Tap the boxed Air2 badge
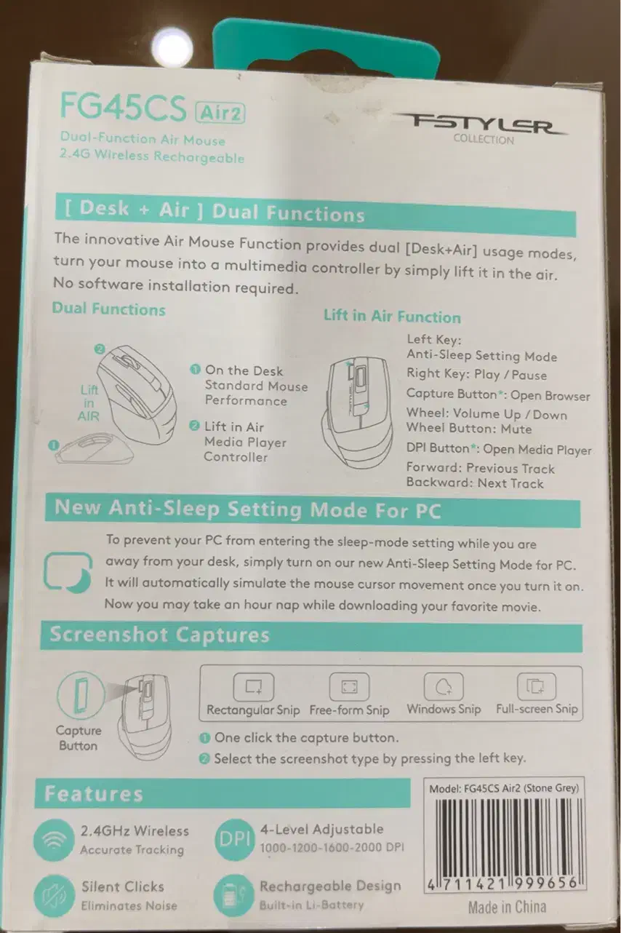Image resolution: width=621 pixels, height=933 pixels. [x=220, y=113]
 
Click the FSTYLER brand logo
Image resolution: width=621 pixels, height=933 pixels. [x=484, y=124]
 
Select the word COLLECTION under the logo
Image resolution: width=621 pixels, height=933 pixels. [x=484, y=139]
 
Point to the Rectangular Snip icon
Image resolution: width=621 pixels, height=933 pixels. [x=254, y=687]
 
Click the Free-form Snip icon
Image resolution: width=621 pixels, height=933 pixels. [x=349, y=687]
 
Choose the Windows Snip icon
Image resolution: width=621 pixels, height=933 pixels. [x=444, y=686]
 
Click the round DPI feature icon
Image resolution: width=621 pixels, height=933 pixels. [x=234, y=839]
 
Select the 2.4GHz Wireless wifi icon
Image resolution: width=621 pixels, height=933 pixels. [x=54, y=840]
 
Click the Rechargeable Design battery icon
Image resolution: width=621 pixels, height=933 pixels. [x=233, y=894]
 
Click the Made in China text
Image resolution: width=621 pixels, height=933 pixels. [x=507, y=908]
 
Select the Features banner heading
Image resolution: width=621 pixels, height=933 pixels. [x=93, y=793]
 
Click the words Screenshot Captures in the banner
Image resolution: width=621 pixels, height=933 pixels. [x=159, y=635]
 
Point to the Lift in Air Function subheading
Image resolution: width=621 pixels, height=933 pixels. [x=392, y=317]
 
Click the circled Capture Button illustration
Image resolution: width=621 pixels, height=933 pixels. [x=79, y=696]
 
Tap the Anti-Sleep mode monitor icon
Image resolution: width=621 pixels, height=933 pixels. [x=68, y=572]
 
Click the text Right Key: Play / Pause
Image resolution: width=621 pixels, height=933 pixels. [x=476, y=374]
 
